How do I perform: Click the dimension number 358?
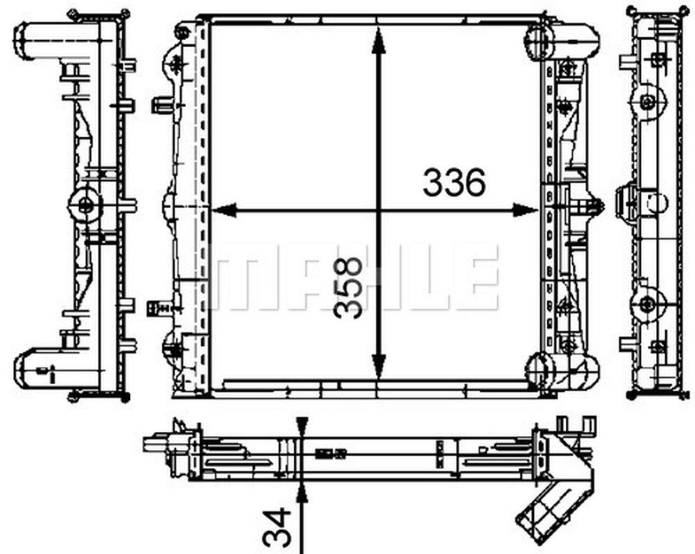(347, 287)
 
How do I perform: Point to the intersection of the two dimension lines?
(379, 210)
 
